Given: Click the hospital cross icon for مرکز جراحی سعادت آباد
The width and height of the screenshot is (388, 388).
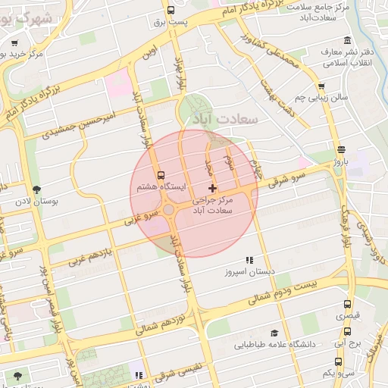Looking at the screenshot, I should click(212, 187).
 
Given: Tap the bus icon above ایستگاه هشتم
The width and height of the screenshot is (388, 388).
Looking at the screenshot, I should click(160, 175).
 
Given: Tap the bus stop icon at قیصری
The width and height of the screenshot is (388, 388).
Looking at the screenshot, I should click(347, 307).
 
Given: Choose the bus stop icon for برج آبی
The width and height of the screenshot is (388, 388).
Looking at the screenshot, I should click(347, 330).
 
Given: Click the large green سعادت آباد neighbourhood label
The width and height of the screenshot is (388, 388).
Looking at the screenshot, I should click(226, 120).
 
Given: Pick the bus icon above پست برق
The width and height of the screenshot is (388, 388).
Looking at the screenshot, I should click(171, 11).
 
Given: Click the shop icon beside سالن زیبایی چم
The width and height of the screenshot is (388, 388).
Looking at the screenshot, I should click(321, 86).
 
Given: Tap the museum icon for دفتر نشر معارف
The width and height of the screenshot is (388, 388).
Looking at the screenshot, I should click(347, 40).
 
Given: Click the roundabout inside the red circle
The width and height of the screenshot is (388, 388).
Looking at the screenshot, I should click(168, 210).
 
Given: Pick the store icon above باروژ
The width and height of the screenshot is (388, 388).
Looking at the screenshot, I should click(342, 149).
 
